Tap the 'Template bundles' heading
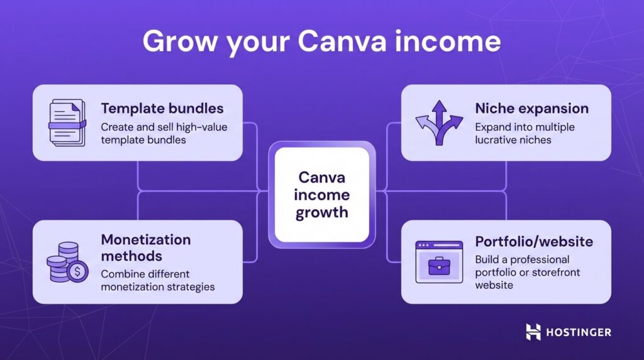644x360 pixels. (x=162, y=109)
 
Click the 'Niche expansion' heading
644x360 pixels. (x=531, y=109)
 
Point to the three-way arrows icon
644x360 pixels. (x=439, y=121)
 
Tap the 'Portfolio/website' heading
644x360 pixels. (x=534, y=242)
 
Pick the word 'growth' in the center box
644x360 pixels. (x=322, y=212)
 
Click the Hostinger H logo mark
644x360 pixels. (x=533, y=332)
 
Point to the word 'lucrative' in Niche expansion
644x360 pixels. (x=497, y=140)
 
